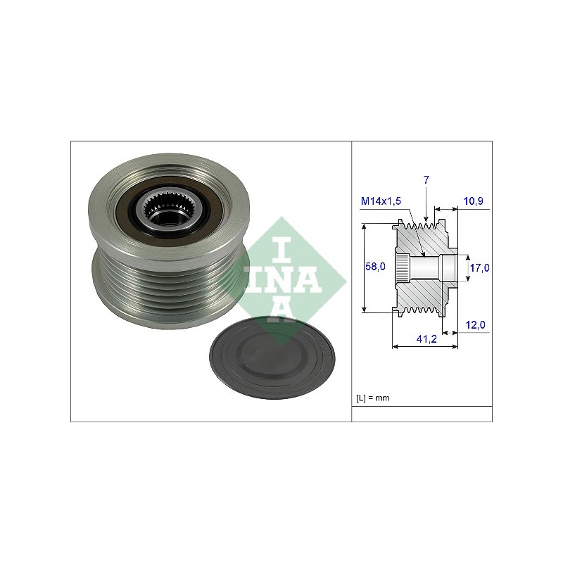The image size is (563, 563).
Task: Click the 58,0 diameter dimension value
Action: click(375, 267)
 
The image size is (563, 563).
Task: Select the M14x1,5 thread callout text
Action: click(381, 201)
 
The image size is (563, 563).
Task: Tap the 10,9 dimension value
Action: click(473, 201)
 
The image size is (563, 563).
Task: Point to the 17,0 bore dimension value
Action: click(480, 268)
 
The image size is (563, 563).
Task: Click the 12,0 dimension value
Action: click(476, 325)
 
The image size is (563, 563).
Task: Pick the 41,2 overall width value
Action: click(426, 339)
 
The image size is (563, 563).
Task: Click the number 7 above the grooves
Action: click(426, 180)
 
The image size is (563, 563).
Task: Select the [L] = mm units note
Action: click(373, 398)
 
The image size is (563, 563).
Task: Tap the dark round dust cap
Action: click(272, 358)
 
